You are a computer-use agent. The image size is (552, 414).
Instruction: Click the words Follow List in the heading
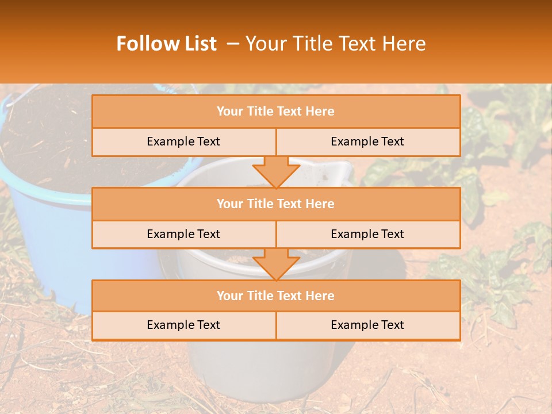166,44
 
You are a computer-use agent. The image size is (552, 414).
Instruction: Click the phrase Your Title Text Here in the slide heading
335,44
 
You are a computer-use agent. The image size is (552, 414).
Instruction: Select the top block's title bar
276,112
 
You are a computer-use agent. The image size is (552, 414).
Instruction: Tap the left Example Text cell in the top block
183,141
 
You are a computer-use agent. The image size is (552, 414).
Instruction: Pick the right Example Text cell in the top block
367,141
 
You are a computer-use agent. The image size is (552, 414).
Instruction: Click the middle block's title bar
276,204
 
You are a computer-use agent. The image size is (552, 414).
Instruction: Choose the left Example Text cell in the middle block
183,234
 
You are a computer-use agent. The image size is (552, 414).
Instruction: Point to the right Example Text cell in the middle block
367,234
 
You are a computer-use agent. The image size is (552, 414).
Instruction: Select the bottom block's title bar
276,296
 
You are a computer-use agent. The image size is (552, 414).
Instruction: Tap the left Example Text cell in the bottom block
183,325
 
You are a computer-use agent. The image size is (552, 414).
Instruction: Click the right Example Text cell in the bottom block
367,325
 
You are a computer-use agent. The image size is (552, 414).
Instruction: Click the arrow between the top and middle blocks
276,171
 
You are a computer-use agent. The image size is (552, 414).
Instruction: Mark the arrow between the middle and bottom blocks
276,264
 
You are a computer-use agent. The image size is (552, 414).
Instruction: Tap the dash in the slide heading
233,44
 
